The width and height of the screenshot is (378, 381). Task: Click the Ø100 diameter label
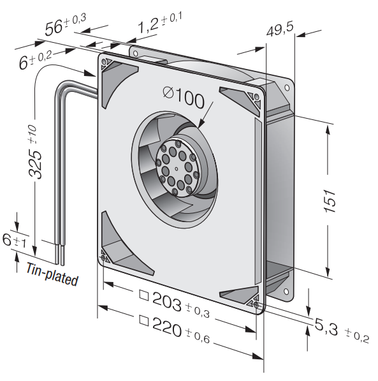pos(184,98)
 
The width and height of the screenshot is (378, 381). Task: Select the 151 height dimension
pos(330,201)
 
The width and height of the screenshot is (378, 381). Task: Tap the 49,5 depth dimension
pos(280,29)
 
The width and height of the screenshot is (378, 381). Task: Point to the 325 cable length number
pos(36,165)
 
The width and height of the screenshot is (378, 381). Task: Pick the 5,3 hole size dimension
pos(326,326)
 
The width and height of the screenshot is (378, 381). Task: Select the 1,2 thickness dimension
pos(149,26)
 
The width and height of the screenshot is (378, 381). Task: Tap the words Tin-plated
pos(52,274)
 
